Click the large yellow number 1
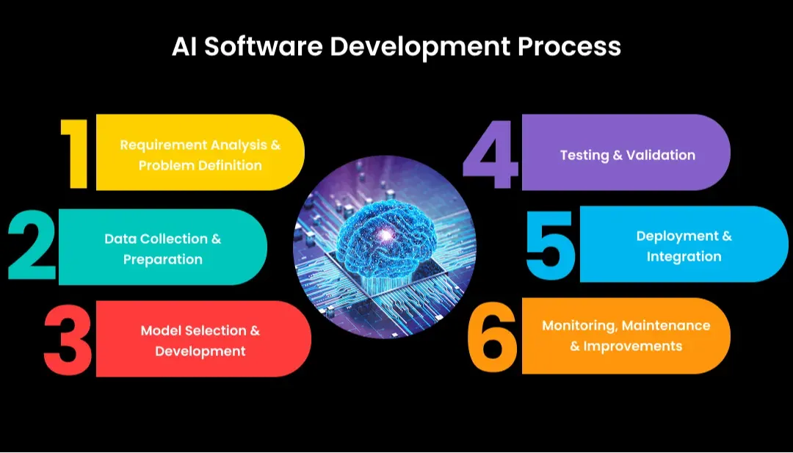tap(76, 153)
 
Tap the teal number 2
tap(32, 247)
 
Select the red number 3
tap(68, 338)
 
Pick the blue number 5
tap(551, 244)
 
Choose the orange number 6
tap(493, 336)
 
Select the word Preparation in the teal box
tap(163, 259)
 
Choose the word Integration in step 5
tap(684, 256)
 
